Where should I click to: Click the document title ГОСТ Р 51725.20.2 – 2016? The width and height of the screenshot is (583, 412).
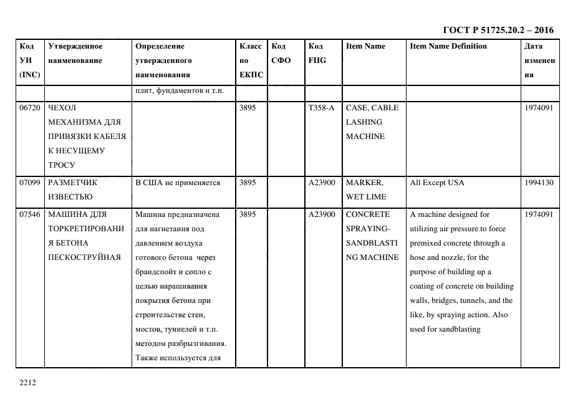pyautogui.click(x=498, y=30)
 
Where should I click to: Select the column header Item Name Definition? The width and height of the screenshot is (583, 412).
pyautogui.click(x=448, y=46)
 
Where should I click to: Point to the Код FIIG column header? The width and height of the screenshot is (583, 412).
pyautogui.click(x=317, y=53)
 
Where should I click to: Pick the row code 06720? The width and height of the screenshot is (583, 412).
pyautogui.click(x=30, y=108)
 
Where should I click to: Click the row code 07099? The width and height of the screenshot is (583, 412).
pyautogui.click(x=30, y=183)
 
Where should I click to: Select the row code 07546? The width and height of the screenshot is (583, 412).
pyautogui.click(x=30, y=214)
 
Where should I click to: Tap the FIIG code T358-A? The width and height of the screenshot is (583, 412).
pyautogui.click(x=321, y=108)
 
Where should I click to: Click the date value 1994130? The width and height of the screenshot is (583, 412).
pyautogui.click(x=538, y=183)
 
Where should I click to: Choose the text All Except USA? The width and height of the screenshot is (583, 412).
pyautogui.click(x=436, y=183)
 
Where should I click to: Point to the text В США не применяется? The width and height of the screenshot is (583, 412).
pyautogui.click(x=178, y=183)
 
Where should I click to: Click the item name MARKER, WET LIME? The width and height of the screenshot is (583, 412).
pyautogui.click(x=365, y=189)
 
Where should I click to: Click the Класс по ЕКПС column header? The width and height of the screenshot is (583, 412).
pyautogui.click(x=251, y=60)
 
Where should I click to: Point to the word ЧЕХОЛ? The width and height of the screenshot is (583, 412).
pyautogui.click(x=61, y=108)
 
